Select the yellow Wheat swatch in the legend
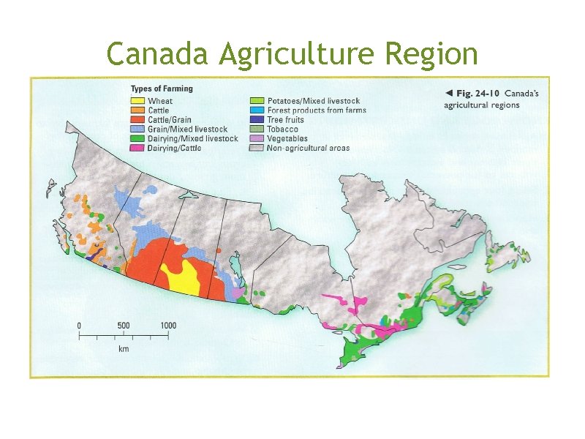click(137, 101)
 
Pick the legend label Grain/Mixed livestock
click(187, 130)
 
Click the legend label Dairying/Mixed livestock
click(192, 139)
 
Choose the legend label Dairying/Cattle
click(175, 149)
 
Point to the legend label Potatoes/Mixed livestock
click(313, 101)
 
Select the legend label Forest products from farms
click(317, 110)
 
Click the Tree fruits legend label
click(285, 120)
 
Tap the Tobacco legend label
click(282, 130)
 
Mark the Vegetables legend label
click(287, 139)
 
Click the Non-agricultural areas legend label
click(308, 149)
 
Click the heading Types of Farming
click(162, 89)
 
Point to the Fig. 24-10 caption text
click(483, 94)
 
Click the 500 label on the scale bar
click(124, 326)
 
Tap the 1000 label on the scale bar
click(168, 326)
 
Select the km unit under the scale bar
click(124, 350)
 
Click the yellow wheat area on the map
click(181, 277)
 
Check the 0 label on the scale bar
click(80, 326)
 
